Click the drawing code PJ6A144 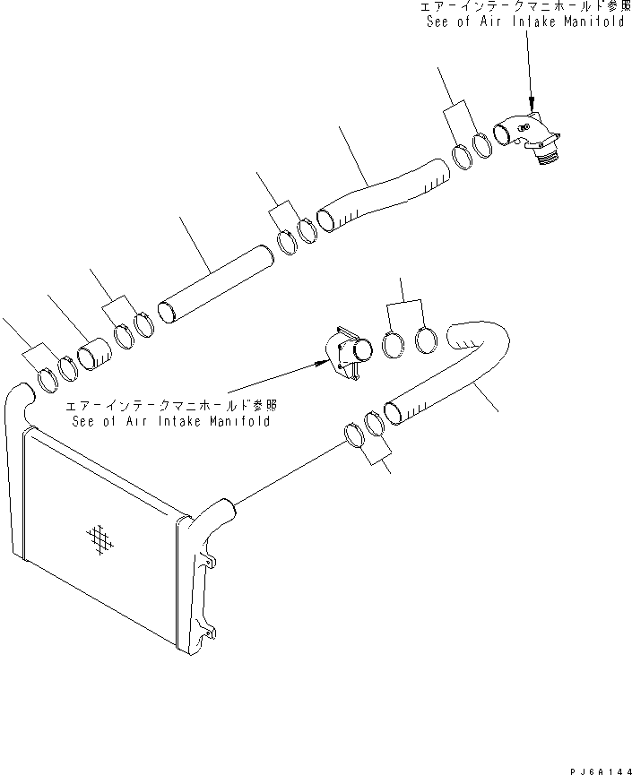tap(597, 767)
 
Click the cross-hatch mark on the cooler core tap(100, 538)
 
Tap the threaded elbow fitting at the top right tap(529, 134)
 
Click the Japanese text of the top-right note tap(511, 7)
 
